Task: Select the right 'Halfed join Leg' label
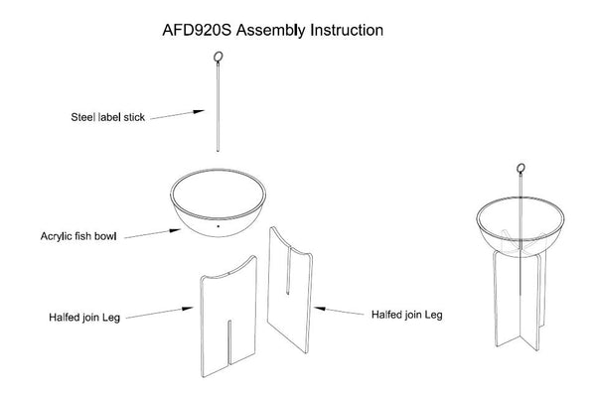[406, 316]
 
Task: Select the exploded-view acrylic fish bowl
[219, 203]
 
